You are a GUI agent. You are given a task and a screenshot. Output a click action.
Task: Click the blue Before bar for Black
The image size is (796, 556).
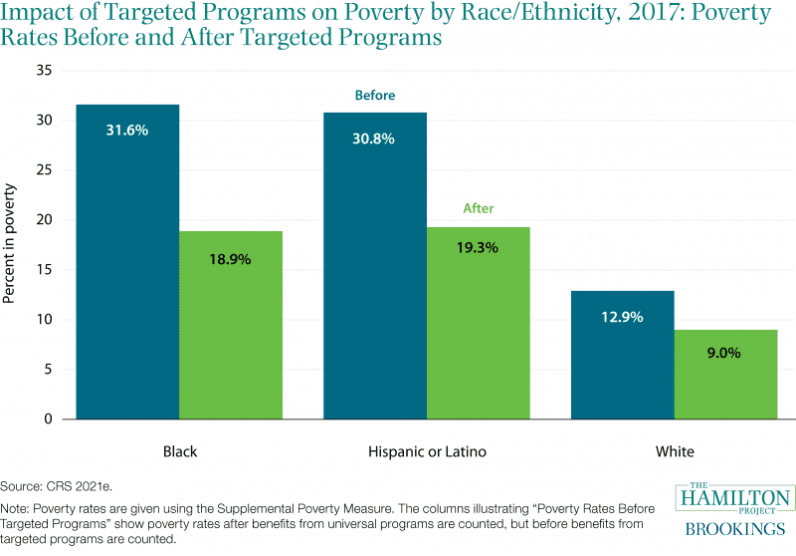127,269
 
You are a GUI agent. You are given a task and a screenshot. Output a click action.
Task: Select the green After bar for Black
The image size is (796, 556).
231,329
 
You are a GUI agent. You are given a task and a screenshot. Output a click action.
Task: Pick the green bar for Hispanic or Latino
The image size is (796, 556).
479,329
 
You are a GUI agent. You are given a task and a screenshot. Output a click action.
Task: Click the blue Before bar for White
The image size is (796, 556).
623,359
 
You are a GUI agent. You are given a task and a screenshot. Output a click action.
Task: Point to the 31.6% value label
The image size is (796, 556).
127,131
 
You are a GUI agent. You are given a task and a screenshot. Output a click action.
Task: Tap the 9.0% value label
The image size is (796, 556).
726,352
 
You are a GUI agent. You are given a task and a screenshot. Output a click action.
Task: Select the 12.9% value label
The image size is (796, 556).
623,317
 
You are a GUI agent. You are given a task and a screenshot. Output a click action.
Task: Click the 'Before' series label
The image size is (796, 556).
375,96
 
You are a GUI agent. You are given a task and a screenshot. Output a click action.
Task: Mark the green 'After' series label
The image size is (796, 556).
479,209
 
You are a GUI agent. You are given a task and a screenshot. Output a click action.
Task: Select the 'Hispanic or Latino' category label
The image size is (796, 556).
427,451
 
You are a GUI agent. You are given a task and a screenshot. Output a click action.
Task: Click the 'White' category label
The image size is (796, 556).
675,451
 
